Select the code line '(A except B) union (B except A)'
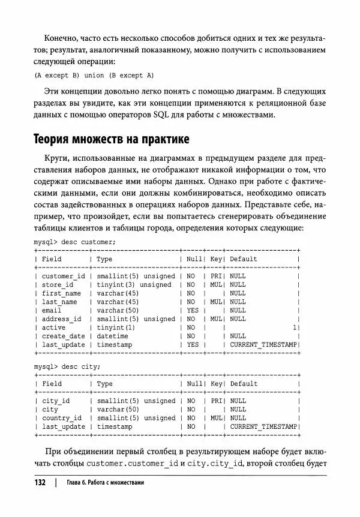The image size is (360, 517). (94, 75)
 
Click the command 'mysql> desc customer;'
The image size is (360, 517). (75, 242)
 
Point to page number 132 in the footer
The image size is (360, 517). (39, 482)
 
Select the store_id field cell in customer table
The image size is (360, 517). (58, 285)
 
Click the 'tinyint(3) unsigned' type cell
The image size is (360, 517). (134, 285)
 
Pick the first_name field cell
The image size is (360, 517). (61, 293)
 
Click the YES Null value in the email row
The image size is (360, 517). (192, 311)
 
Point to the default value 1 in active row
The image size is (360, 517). (295, 328)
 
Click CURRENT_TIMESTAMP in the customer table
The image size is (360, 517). (263, 345)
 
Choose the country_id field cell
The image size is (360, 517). (61, 418)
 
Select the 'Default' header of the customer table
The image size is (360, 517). (243, 259)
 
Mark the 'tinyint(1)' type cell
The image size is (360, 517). (116, 328)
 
